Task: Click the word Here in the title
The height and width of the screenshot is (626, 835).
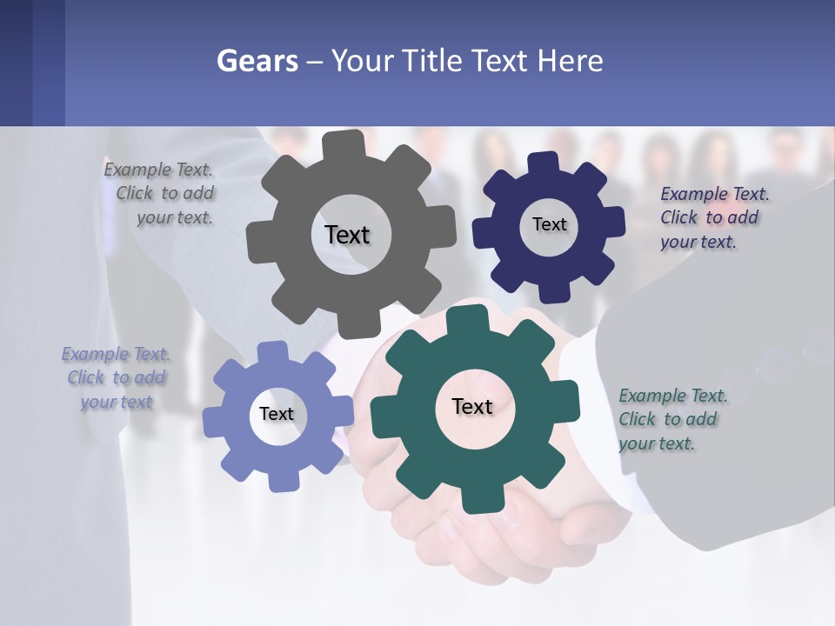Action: pyautogui.click(x=570, y=61)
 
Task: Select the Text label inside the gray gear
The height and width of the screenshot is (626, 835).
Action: pyautogui.click(x=347, y=235)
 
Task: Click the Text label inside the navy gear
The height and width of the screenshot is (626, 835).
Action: pyautogui.click(x=549, y=224)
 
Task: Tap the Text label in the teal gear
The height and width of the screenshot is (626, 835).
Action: pyautogui.click(x=472, y=406)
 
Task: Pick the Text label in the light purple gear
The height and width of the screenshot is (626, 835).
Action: pyautogui.click(x=276, y=414)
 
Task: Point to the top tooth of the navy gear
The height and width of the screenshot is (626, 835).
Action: pyautogui.click(x=544, y=163)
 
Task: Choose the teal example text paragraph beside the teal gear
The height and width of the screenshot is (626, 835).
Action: pyautogui.click(x=671, y=419)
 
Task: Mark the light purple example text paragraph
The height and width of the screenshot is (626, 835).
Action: pyautogui.click(x=116, y=377)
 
